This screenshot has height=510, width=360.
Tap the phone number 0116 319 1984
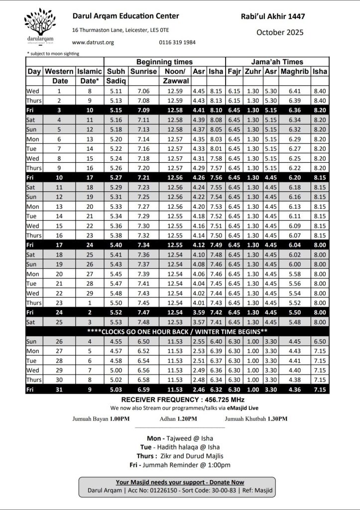pyautogui.click(x=177, y=42)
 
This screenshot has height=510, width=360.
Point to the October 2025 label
pyautogui.click(x=279, y=32)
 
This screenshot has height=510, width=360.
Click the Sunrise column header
pyautogui.click(x=143, y=72)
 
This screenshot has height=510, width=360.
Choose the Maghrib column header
pyautogui.click(x=295, y=72)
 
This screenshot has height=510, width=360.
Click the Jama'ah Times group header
pyautogui.click(x=277, y=62)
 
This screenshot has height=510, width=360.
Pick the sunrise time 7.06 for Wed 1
pyautogui.click(x=143, y=91)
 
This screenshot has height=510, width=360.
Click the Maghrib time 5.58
pyautogui.click(x=295, y=273)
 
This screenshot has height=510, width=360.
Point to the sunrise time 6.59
pyautogui.click(x=143, y=389)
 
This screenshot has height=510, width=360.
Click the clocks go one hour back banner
pyautogui.click(x=177, y=331)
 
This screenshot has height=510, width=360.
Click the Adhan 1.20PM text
pyautogui.click(x=178, y=419)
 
